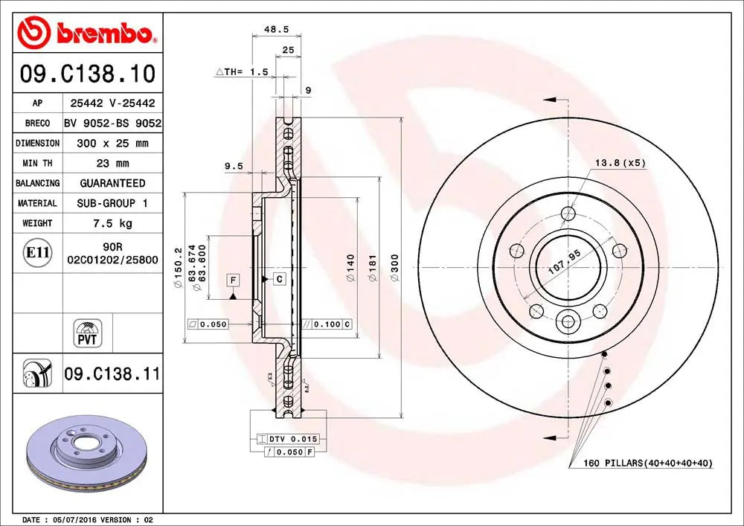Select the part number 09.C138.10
click(x=88, y=74)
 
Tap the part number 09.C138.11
click(x=112, y=374)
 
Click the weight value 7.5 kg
click(x=112, y=223)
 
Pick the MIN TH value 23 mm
click(x=112, y=163)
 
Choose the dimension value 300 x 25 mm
click(x=112, y=143)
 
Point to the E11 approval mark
click(x=37, y=253)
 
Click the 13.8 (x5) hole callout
click(x=620, y=162)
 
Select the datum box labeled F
click(x=233, y=280)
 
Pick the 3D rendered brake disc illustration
click(x=88, y=458)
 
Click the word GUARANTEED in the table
click(x=112, y=183)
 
